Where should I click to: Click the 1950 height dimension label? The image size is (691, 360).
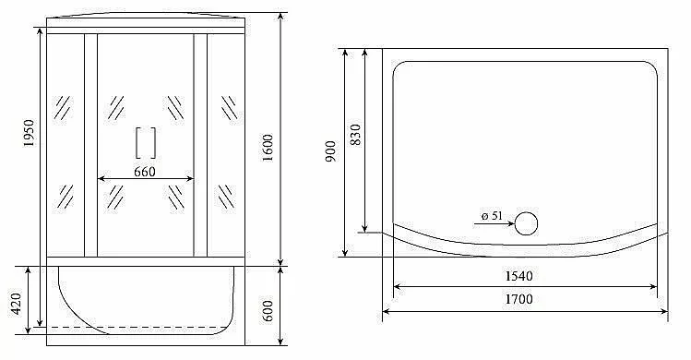[x=30, y=133]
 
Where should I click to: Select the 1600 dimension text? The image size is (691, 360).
[x=268, y=148]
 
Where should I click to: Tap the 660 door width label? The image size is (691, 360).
[x=145, y=172]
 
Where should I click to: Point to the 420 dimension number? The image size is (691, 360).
[x=16, y=304]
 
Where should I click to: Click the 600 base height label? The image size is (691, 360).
[x=268, y=311]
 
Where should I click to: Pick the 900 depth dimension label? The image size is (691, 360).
[x=331, y=150]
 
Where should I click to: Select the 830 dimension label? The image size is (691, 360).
[x=355, y=135]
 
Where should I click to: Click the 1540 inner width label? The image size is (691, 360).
[x=518, y=276]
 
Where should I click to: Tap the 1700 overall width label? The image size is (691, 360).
[x=518, y=300]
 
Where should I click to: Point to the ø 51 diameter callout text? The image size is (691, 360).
[x=492, y=216]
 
